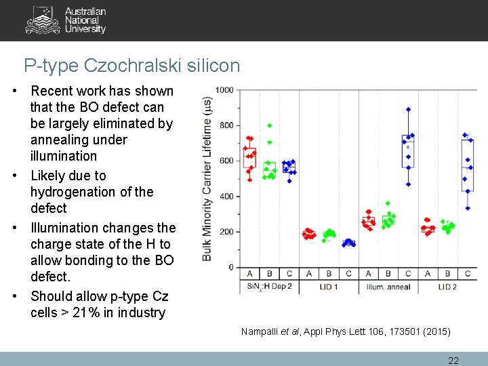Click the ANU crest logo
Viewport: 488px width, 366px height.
[x=43, y=20]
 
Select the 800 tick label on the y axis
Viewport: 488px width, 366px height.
[x=227, y=126]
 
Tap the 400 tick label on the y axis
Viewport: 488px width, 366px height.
[x=227, y=197]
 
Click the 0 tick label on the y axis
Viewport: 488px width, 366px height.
[x=231, y=267]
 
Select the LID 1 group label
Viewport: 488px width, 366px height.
[x=329, y=287]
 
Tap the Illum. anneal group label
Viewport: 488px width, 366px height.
[x=388, y=287]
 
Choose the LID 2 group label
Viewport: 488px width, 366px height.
[x=447, y=287]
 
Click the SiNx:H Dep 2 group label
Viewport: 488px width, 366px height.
[x=269, y=287]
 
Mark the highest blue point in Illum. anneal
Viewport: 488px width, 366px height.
[x=408, y=109]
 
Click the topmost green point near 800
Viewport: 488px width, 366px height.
[x=270, y=125]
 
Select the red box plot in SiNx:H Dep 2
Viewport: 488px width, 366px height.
[x=249, y=157]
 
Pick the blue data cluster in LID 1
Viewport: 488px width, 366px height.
[x=348, y=243]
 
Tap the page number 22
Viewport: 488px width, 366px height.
[x=453, y=361]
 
